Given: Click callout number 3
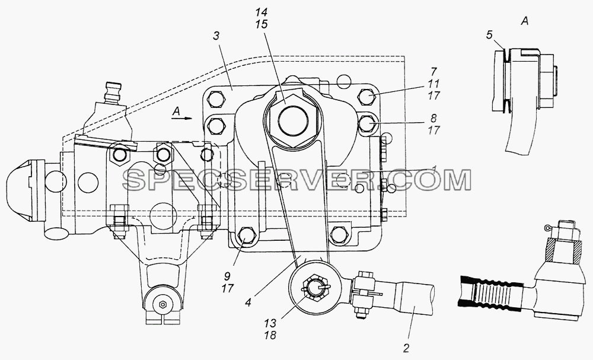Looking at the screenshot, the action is pyautogui.click(x=216, y=36).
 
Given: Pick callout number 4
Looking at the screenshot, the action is pyautogui.click(x=248, y=302).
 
